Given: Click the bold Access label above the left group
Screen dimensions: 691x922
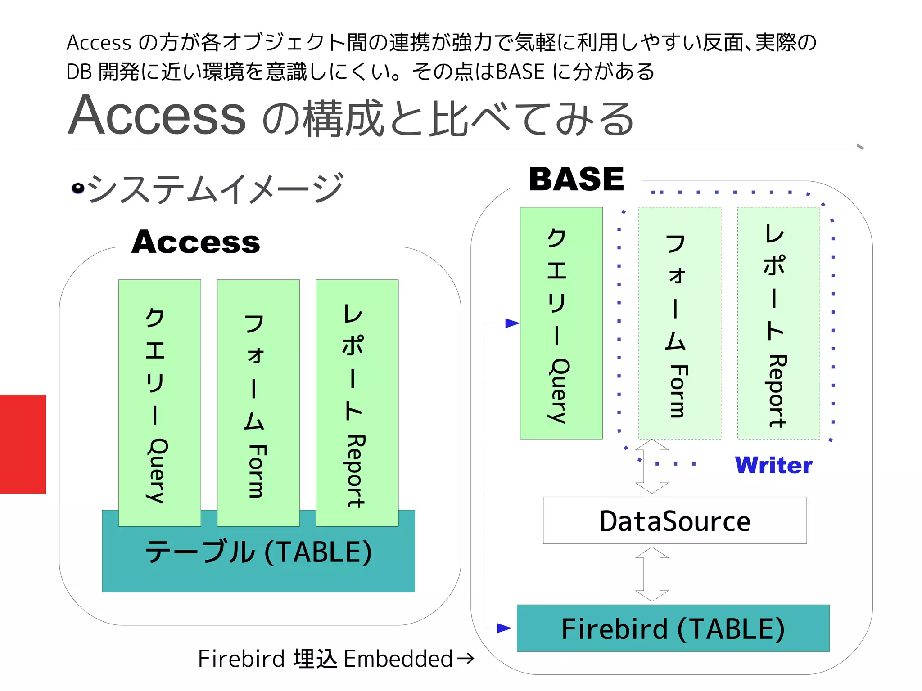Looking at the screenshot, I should coord(196,242).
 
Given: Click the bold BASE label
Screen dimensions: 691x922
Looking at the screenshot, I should coord(576,179).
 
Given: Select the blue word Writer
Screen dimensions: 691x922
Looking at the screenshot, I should coord(773,465).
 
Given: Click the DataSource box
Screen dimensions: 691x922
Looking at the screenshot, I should coord(674,520).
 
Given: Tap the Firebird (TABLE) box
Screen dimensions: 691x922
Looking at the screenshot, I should coord(673,628).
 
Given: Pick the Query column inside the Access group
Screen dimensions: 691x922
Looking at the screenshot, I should coord(159,403).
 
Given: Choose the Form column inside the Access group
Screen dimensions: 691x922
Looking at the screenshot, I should coord(258,403).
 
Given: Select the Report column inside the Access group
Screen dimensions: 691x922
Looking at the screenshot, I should coord(357,403).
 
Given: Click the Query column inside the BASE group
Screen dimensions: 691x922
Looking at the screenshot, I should coord(561,323).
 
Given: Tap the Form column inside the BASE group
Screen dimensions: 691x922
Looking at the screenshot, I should coord(679,323).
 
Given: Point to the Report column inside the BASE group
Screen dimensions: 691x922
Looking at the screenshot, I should coord(778,323).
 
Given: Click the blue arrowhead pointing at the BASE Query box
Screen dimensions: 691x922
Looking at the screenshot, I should coord(512,323).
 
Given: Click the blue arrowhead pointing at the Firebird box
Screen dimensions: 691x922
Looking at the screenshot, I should coord(504,628).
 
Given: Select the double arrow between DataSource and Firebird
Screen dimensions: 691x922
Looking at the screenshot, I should coord(652,574).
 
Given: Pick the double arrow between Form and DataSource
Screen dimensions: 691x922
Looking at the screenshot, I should coord(652,467).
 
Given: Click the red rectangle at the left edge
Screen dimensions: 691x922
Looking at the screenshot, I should coord(23,444).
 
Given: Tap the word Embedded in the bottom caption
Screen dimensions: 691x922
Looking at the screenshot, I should coord(398,659).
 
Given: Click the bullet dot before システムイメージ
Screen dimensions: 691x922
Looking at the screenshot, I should coord(78,188).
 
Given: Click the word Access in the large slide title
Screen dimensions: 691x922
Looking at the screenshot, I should coord(158,116).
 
